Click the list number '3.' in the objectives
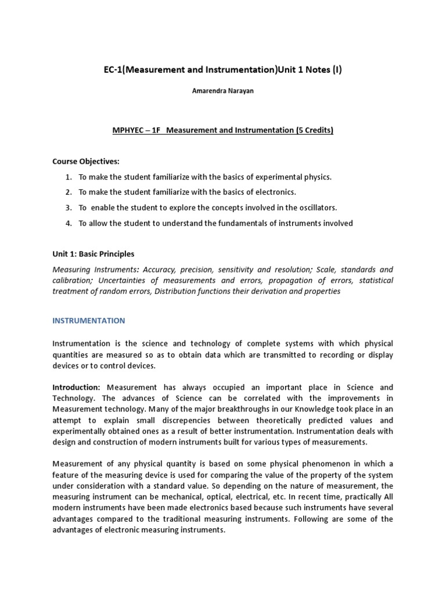pyautogui.click(x=69, y=207)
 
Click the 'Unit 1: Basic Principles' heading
pyautogui.click(x=93, y=254)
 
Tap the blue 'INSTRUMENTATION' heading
pyautogui.click(x=88, y=320)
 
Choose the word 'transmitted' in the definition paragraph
pyautogui.click(x=272, y=354)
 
